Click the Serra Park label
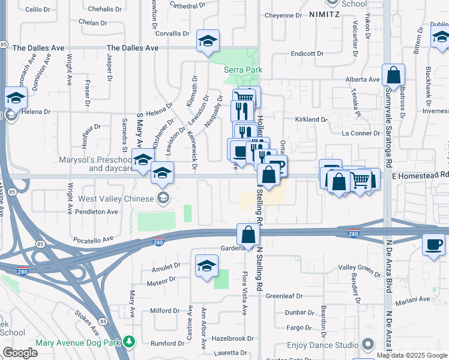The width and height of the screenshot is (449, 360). (x=243, y=70)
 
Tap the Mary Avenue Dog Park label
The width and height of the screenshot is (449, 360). (x=78, y=343)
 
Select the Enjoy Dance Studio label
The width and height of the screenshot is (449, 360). (x=323, y=345)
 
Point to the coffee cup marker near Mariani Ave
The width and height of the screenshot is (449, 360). (x=433, y=244)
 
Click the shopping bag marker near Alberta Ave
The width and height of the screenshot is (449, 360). (x=394, y=76)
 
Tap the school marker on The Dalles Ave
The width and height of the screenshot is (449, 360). (x=208, y=41)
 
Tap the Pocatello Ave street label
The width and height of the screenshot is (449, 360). (x=91, y=239)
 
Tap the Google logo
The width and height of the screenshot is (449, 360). (x=20, y=353)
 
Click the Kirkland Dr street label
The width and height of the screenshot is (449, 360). (x=311, y=119)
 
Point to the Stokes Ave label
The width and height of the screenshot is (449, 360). (x=86, y=322)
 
